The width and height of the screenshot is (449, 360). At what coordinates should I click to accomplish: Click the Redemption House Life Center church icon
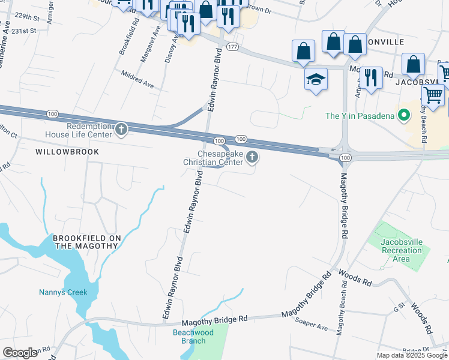click(121, 129)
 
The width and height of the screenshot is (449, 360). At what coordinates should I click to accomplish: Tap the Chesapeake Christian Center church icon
click(253, 158)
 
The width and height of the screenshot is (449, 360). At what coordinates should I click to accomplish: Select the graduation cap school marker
click(316, 79)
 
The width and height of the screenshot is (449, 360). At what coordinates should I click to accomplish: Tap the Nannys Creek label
click(63, 293)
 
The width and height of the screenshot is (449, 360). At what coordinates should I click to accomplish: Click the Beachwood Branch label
click(189, 337)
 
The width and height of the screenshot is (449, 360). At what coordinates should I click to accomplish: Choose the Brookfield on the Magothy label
click(87, 242)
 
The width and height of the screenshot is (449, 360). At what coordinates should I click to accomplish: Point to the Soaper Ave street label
click(311, 325)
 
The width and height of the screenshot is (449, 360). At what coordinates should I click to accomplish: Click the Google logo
click(20, 353)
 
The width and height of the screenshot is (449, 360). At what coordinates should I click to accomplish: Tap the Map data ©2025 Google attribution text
click(412, 355)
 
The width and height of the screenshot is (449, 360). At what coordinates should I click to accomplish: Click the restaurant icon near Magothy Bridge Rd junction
click(372, 77)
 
